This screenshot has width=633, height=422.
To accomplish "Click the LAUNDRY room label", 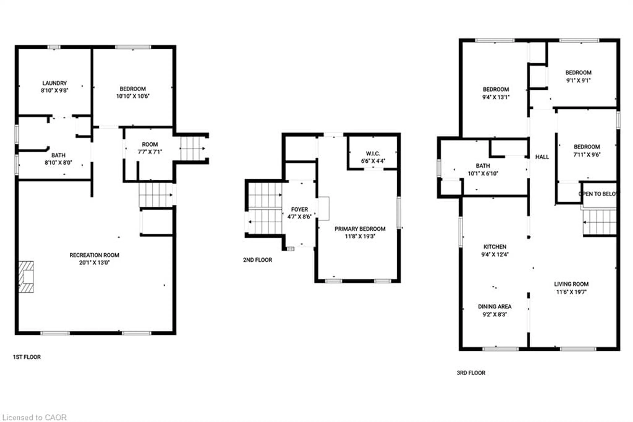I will tap(54, 83).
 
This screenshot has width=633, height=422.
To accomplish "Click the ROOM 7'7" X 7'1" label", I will tap(150, 145).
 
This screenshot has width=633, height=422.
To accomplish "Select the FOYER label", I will tap(299, 209).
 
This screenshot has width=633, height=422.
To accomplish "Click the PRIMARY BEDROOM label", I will tap(360, 229).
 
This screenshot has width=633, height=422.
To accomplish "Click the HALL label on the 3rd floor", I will tap(542, 157).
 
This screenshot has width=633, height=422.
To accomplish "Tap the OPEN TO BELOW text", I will tap(598, 194).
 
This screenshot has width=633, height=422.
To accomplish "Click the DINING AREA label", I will tap(495, 307).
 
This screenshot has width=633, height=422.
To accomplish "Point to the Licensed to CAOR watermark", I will tap(34, 417).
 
